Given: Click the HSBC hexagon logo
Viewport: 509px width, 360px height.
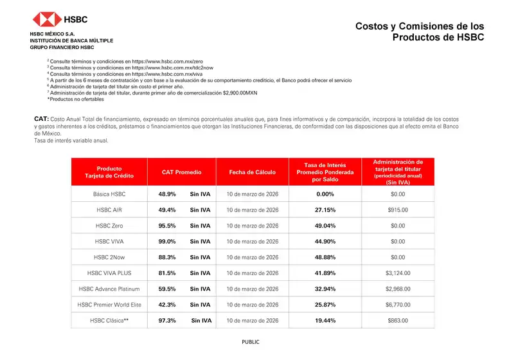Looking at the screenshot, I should [48, 19].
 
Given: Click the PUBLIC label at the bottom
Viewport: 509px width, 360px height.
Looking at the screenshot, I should [251, 342].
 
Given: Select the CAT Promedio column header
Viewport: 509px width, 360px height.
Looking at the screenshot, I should [182, 172].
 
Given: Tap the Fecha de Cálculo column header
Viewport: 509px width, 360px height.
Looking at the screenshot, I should [252, 172].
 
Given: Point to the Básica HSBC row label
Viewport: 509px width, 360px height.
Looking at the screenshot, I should [109, 194].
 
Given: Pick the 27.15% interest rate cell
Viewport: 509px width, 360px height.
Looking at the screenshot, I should [325, 210].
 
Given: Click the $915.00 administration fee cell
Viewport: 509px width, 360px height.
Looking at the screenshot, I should [398, 210].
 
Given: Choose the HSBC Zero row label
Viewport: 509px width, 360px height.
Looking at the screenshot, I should [109, 226].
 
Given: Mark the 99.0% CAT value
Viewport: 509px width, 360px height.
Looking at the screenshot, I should [167, 242].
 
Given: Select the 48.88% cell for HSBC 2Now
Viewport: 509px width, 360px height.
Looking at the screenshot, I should [325, 257].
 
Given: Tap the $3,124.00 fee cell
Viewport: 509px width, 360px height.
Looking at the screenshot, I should [398, 273].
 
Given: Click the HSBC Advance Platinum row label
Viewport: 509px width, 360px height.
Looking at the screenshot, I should [109, 289].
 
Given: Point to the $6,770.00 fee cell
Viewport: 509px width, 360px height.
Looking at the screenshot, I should [398, 305].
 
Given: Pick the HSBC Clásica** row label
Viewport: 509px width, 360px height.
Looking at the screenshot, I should [109, 321].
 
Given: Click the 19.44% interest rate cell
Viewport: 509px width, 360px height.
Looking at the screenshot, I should [325, 321].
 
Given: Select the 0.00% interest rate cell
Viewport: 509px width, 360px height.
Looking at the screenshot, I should [325, 194].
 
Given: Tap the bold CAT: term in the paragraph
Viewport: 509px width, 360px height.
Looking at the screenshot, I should [41, 120].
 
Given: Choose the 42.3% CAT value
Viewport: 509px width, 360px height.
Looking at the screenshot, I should [167, 305].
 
